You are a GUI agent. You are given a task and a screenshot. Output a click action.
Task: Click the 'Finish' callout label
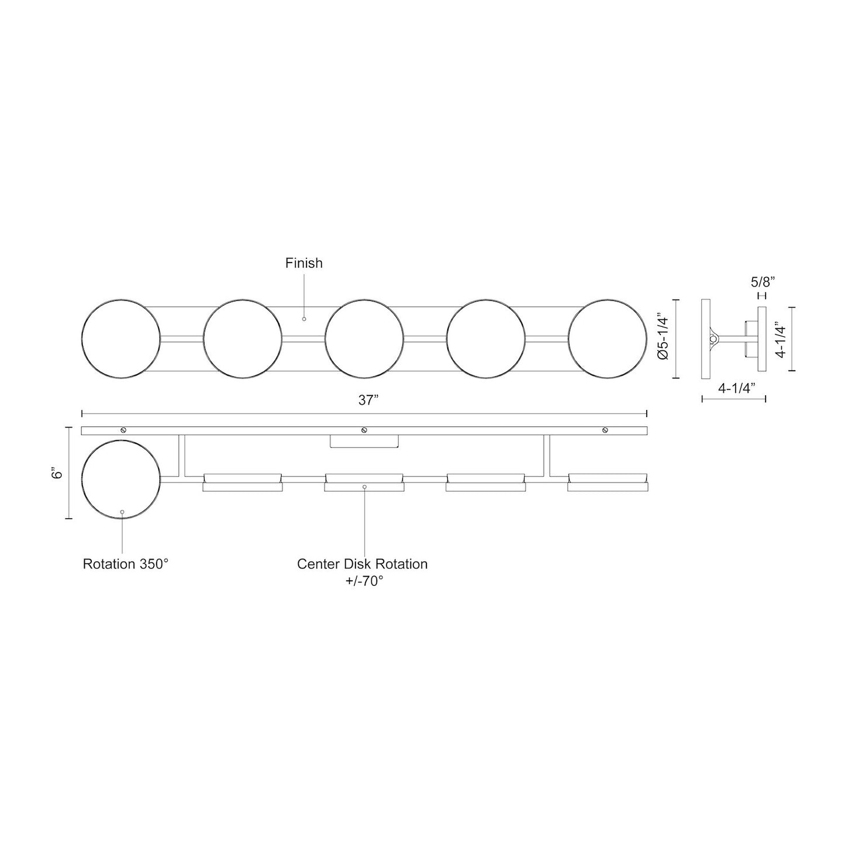(303, 263)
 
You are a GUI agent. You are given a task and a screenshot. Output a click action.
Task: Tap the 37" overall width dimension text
(369, 401)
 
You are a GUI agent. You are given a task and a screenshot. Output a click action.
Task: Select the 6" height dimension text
(57, 473)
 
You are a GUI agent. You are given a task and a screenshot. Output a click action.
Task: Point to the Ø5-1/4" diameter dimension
(661, 339)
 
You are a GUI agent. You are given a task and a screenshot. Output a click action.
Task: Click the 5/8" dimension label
(763, 281)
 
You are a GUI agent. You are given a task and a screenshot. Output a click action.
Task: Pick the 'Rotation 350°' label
(126, 564)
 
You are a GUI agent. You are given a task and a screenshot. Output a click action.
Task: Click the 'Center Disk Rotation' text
(362, 564)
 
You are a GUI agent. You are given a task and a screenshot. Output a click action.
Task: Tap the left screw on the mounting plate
(123, 430)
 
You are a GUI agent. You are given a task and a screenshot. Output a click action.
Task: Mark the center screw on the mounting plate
(364, 430)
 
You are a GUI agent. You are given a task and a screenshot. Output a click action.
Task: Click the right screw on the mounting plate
(605, 430)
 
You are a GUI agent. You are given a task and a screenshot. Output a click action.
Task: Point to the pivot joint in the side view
(713, 338)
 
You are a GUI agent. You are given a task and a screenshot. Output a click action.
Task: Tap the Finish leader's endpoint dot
(304, 319)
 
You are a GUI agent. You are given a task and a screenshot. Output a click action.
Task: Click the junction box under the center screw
(364, 442)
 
